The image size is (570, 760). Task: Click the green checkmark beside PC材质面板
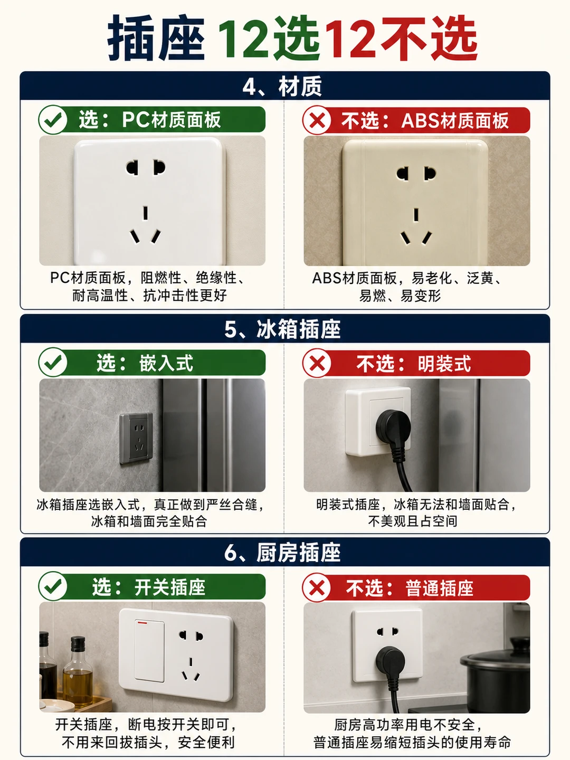(x=53, y=120)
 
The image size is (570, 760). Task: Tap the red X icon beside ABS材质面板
(x=317, y=120)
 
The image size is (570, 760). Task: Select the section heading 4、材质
(x=282, y=87)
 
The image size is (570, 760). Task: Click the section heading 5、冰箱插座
(x=282, y=329)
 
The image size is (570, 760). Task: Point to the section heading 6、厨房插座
(x=282, y=553)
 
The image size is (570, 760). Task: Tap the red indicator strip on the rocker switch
(x=142, y=623)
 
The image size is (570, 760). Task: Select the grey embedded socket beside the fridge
(x=136, y=438)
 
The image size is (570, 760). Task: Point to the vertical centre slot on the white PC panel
(x=146, y=213)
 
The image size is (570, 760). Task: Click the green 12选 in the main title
(x=268, y=39)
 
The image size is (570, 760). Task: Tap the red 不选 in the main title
(x=429, y=39)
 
